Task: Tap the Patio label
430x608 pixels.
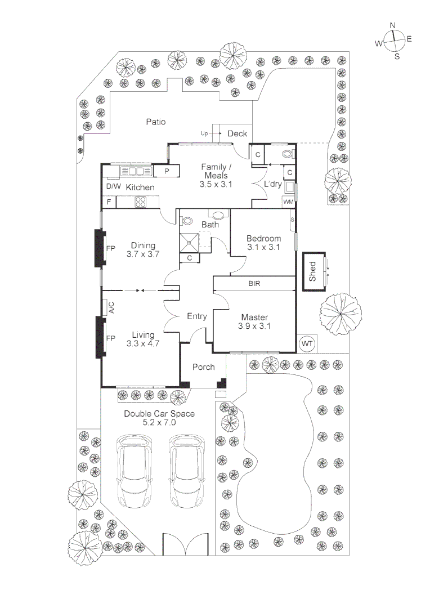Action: click(x=155, y=121)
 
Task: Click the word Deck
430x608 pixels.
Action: click(x=237, y=133)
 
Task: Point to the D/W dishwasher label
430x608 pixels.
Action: click(x=113, y=186)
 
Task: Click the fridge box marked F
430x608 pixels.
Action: click(x=109, y=202)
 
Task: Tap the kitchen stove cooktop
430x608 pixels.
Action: click(x=140, y=202)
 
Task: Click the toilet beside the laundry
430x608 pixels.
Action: click(x=287, y=154)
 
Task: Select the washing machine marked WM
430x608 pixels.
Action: click(x=288, y=202)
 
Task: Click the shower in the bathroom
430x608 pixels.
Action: click(x=190, y=242)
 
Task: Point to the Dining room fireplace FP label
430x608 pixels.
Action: click(x=110, y=248)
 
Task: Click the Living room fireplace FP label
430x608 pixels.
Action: click(x=110, y=338)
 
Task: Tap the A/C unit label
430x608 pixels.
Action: click(x=111, y=308)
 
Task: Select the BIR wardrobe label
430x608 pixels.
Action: click(x=254, y=284)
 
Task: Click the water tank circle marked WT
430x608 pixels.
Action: click(x=307, y=343)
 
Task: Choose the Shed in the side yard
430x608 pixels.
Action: click(x=313, y=271)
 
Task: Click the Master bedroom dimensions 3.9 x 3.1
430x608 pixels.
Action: click(x=254, y=327)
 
